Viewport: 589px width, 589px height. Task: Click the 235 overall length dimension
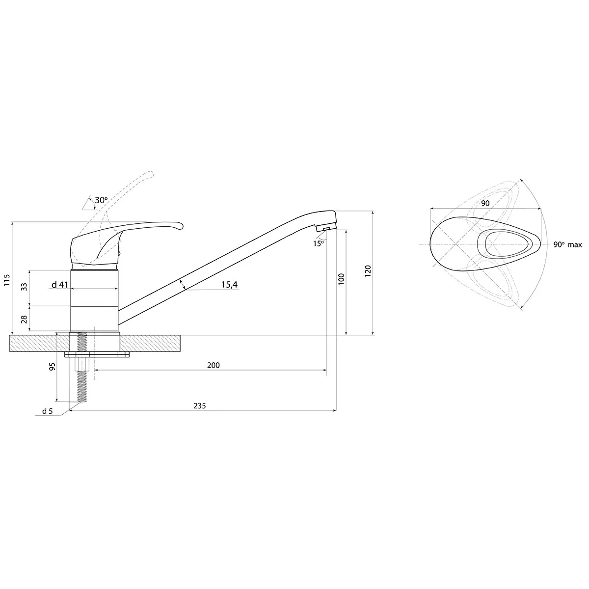coord(200,405)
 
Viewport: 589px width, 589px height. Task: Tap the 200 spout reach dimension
coord(214,365)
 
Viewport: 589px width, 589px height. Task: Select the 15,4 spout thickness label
coord(229,285)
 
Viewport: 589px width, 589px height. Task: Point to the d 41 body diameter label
coord(59,285)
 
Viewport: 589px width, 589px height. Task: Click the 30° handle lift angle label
coord(101,200)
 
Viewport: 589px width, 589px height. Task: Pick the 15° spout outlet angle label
coord(318,243)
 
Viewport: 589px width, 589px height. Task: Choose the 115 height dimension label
coord(7,280)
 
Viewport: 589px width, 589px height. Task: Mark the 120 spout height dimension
coord(368,271)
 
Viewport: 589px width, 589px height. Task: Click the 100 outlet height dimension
coord(342,279)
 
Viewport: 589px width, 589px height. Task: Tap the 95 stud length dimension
coord(53,367)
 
